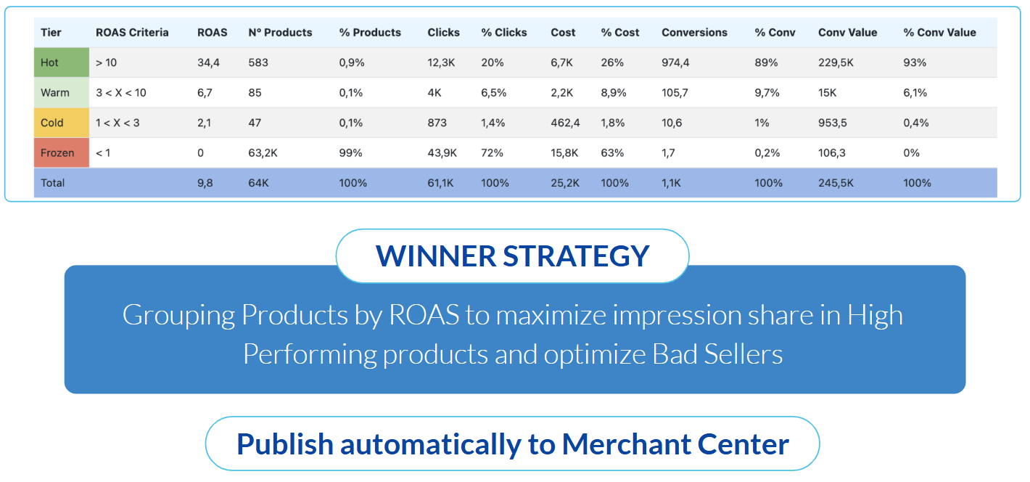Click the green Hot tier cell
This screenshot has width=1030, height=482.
[x=61, y=62]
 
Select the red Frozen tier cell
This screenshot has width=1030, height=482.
[x=61, y=153]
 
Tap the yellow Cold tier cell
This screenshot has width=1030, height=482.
[x=61, y=123]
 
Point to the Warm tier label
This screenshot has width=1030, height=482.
[x=54, y=92]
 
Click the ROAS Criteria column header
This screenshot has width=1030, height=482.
[x=132, y=32]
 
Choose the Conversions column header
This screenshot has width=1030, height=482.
[x=694, y=32]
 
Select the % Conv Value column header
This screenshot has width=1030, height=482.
[x=939, y=32]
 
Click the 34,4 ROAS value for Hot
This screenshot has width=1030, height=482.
[x=208, y=62]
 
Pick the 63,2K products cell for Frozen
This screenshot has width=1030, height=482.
[x=263, y=153]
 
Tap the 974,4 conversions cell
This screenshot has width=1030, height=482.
[x=675, y=62]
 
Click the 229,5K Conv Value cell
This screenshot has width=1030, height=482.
[x=836, y=62]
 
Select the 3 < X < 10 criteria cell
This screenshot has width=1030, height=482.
[x=121, y=92]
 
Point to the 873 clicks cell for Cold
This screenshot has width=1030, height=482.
[x=437, y=123]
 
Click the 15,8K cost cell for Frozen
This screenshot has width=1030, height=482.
[x=564, y=153]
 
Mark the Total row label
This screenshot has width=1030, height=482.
[x=52, y=183]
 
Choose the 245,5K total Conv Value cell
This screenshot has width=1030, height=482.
[x=836, y=183]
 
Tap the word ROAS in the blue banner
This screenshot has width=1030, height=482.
[x=424, y=315]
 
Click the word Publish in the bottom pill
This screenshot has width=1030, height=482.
[x=285, y=444]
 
